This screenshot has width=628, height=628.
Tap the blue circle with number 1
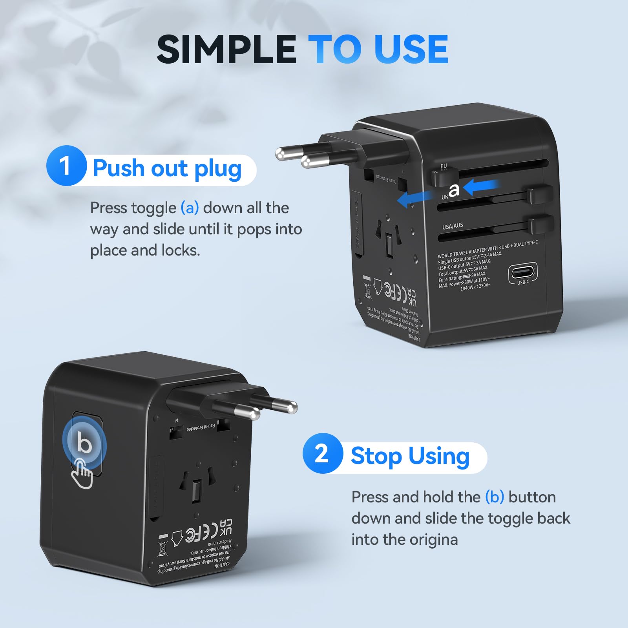point(66,166)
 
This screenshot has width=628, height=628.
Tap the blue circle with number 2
point(322,454)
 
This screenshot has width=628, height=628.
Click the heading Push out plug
point(167,169)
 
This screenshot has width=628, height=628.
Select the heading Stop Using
point(410,456)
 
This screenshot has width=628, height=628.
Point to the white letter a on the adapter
point(454,190)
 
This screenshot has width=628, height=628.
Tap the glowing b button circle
point(84,443)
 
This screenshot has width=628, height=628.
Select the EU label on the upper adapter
point(444,166)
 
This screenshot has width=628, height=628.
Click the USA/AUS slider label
point(453,226)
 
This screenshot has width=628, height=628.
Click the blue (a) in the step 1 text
point(190,208)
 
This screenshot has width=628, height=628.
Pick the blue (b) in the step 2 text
point(494,497)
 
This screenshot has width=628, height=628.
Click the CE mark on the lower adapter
point(207,532)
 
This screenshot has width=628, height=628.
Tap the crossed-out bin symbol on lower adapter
point(162,548)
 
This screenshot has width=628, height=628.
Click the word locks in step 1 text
point(181,250)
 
